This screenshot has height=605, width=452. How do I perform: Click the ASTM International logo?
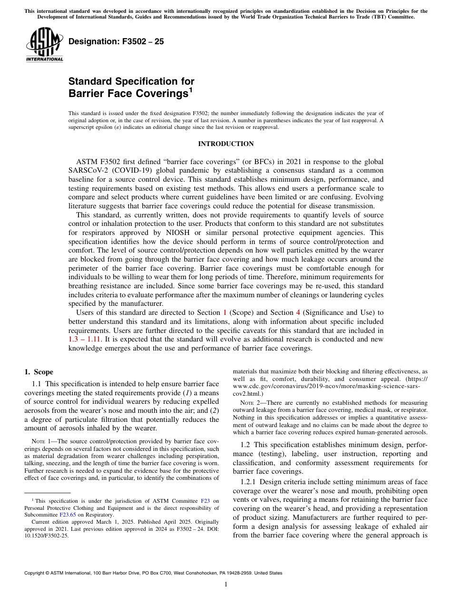pos(44,45)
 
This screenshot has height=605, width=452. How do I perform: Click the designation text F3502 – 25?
pos(117,41)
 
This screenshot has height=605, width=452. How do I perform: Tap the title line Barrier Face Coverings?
pos(128,93)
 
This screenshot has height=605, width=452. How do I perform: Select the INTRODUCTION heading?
pos(226,144)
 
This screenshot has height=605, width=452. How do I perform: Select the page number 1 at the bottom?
pos(226,585)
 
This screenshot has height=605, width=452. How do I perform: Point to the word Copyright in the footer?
pos(35,573)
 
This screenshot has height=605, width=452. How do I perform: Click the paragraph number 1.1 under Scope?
pos(38,383)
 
